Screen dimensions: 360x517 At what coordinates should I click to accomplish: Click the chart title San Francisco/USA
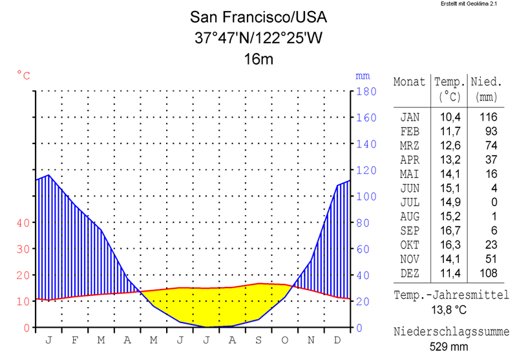pos(258,17)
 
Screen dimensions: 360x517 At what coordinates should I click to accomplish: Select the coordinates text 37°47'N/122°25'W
pos(258,38)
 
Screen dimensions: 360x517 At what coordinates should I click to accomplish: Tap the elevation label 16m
pos(258,60)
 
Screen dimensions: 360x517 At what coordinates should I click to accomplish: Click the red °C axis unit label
pos(23,75)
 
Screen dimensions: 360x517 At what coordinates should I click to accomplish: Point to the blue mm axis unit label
pos(363,75)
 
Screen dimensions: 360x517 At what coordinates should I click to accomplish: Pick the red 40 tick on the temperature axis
pos(23,223)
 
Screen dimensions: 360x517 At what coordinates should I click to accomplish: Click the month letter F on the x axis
pos(75,339)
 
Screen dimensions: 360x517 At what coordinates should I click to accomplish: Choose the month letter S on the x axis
pos(258,339)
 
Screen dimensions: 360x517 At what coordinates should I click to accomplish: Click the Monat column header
pos(410,83)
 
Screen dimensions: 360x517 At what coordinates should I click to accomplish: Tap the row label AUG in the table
pos(410,217)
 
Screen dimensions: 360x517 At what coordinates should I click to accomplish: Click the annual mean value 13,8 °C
pos(450,310)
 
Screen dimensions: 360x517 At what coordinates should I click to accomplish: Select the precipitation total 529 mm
pos(450,346)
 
